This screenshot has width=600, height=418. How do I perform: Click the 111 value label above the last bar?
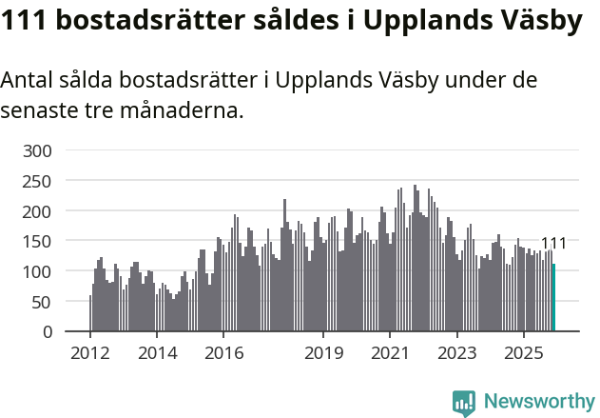coord(553,244)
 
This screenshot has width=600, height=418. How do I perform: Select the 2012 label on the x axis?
coord(90,353)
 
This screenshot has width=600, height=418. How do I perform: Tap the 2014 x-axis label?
coord(157,353)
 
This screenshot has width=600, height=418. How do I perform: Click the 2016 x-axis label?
coord(223,353)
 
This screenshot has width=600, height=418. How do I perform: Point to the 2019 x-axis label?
coord(323,353)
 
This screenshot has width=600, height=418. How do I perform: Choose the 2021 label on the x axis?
coord(390,353)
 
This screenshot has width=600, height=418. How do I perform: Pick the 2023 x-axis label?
coord(456,353)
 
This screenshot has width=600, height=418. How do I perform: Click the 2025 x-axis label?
coord(523,353)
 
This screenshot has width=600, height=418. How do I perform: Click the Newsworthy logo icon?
coord(464,403)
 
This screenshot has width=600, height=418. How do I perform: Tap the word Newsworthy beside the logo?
coord(538,403)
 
